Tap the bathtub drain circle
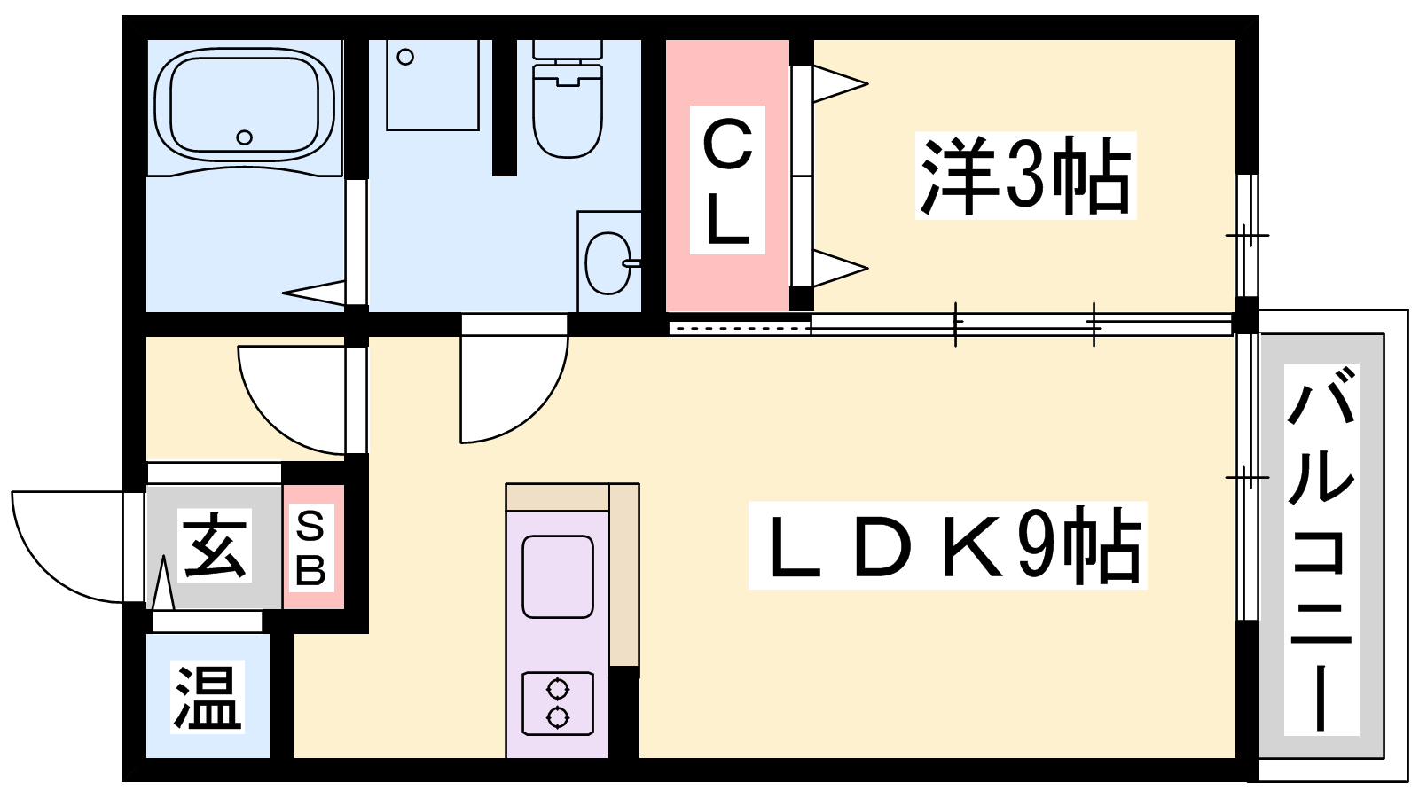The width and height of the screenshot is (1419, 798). [x=245, y=137]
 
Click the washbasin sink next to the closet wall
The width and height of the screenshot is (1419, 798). [x=608, y=262]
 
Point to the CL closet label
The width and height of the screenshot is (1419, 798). [x=727, y=182]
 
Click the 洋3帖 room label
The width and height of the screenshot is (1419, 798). [x=1025, y=176]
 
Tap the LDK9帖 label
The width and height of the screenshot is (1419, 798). [x=947, y=545]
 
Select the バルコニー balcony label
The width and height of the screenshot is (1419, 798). [x=1321, y=550]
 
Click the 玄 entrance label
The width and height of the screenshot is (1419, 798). [x=214, y=546]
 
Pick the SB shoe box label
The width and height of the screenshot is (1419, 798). [x=310, y=548]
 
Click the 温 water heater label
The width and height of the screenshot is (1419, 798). [x=208, y=697]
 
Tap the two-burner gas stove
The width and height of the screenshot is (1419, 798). [x=558, y=703]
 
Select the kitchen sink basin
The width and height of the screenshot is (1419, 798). [x=558, y=576]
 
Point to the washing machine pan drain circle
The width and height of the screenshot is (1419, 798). [x=405, y=58]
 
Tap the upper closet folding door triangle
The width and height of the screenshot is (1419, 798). [x=838, y=84]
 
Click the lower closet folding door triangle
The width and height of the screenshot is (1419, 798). [x=838, y=268]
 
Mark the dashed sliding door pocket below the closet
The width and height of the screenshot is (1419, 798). [x=740, y=328]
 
